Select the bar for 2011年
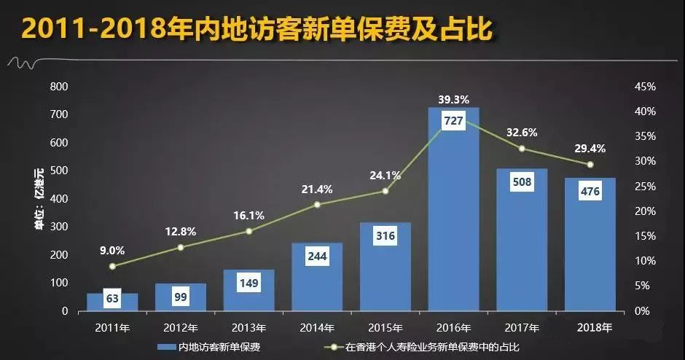pyautogui.click(x=112, y=302)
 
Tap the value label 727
pyautogui.click(x=453, y=122)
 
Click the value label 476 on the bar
pyautogui.click(x=590, y=192)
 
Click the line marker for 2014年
pyautogui.click(x=317, y=205)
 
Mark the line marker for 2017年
pyautogui.click(x=522, y=149)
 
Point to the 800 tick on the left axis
pyautogui.click(x=59, y=87)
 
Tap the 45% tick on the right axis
pyautogui.click(x=646, y=87)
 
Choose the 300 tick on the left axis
pyautogui.click(x=59, y=227)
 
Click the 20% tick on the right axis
pyautogui.click(x=646, y=211)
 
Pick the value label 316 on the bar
pyautogui.click(x=385, y=237)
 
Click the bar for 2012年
pyautogui.click(x=181, y=298)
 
